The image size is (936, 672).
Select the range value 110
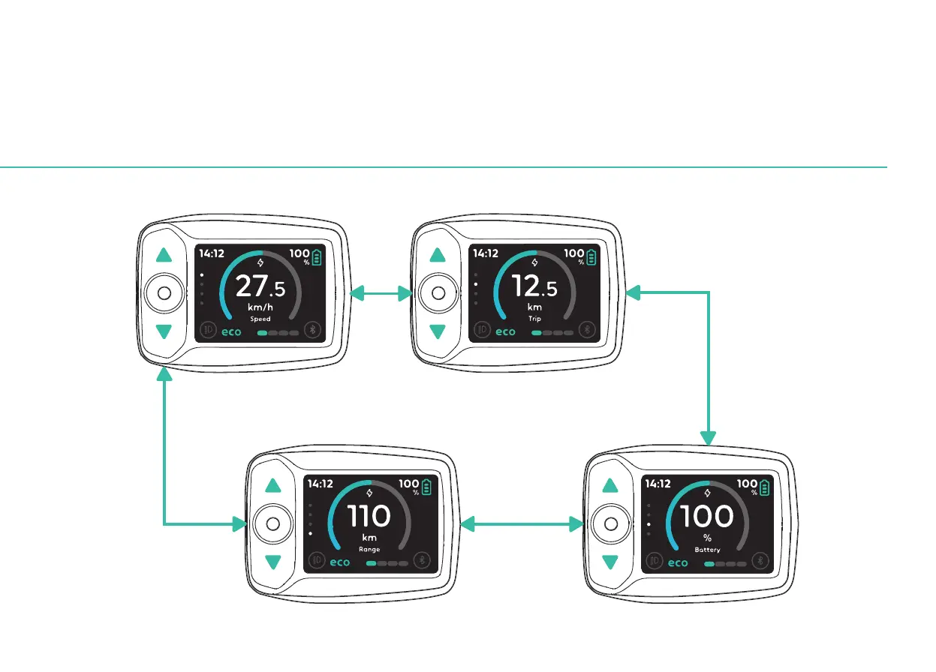pyautogui.click(x=369, y=516)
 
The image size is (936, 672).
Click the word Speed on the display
pyautogui.click(x=260, y=319)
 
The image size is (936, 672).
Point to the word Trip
pyautogui.click(x=534, y=319)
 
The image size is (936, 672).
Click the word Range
pyautogui.click(x=369, y=550)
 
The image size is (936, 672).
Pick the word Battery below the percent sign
pyautogui.click(x=706, y=550)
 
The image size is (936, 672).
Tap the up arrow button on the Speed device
pyautogui.click(x=164, y=255)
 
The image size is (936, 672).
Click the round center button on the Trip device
pyautogui.click(x=438, y=293)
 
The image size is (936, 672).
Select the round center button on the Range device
pyautogui.click(x=272, y=523)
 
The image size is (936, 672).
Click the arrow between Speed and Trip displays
pyautogui.click(x=381, y=293)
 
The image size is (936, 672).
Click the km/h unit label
pyautogui.click(x=260, y=307)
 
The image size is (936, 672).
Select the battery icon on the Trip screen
pyautogui.click(x=592, y=257)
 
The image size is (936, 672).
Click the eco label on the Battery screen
pyautogui.click(x=678, y=562)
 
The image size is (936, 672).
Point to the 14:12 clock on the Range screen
pyautogui.click(x=321, y=484)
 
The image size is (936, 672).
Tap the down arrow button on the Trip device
pyautogui.click(x=438, y=331)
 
